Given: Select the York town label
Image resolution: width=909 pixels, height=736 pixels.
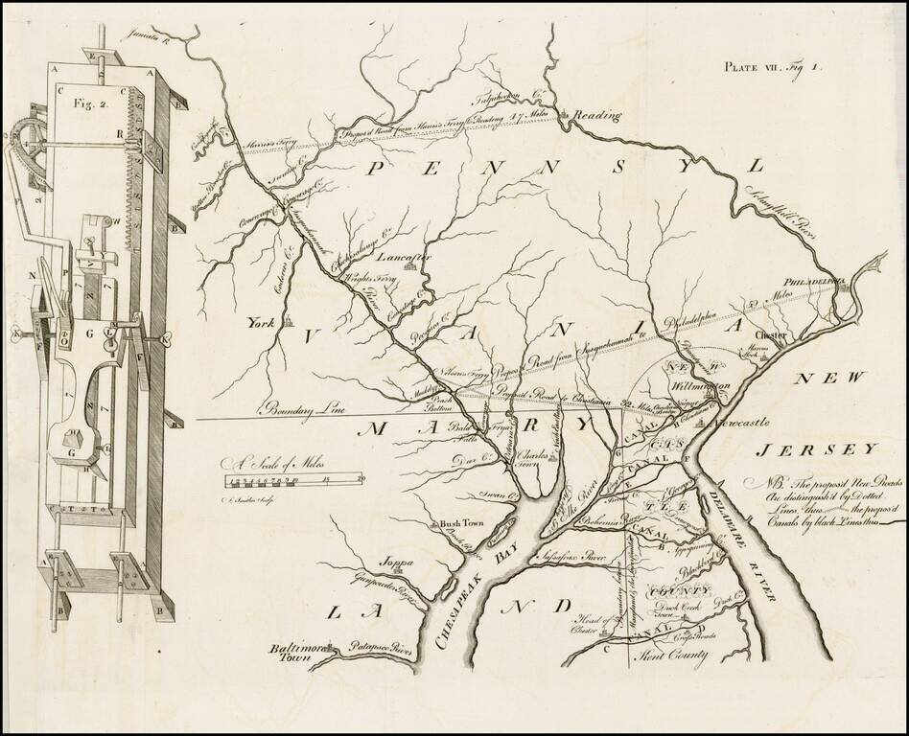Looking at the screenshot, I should [x=262, y=323].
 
